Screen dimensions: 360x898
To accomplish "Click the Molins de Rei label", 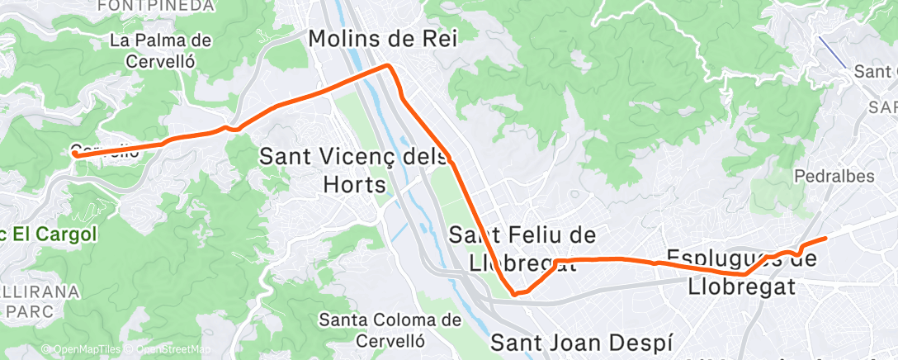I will [382, 38].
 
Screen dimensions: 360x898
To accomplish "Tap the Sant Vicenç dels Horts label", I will [355, 168].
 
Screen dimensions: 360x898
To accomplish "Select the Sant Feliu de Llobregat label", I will [522, 248].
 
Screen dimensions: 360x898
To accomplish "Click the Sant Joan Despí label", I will [582, 343].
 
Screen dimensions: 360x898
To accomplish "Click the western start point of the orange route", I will [75, 153].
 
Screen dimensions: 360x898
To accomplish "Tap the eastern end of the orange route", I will [825, 239].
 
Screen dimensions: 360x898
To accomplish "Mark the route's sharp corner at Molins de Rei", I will [389, 66].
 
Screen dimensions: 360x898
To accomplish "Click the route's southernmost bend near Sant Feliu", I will [515, 292].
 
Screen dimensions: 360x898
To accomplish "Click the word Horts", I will [355, 183].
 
